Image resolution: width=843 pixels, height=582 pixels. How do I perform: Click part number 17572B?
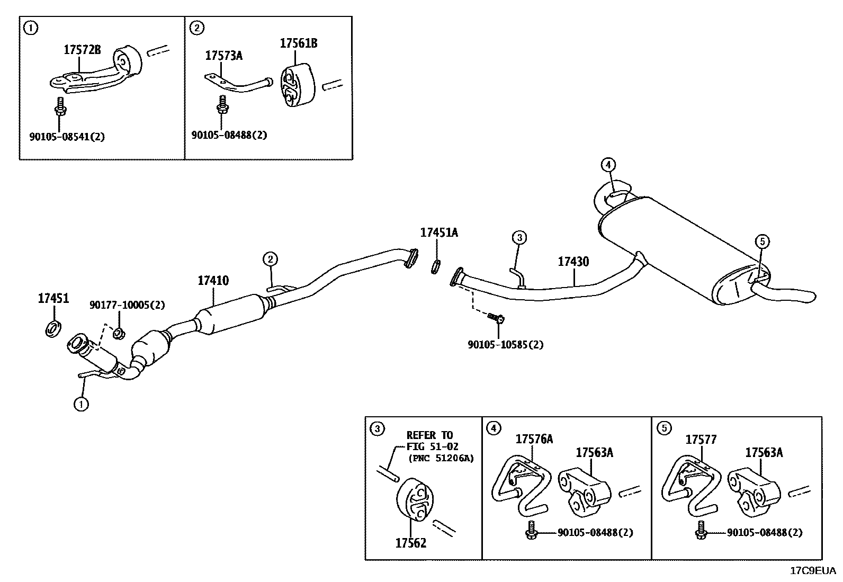(x=82, y=50)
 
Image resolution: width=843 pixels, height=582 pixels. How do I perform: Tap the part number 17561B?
(x=298, y=43)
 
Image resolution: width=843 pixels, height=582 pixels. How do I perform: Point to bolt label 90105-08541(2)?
(x=67, y=137)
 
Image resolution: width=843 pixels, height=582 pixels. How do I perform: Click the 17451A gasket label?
(x=439, y=232)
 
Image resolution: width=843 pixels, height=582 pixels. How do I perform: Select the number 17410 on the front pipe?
(x=213, y=281)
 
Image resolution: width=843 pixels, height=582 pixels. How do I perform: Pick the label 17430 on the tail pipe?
(x=573, y=262)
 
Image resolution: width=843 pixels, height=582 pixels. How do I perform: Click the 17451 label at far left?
(x=53, y=299)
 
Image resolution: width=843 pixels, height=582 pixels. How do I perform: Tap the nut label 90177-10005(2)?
(x=127, y=305)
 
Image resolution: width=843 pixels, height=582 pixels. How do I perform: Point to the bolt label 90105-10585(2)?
(x=505, y=345)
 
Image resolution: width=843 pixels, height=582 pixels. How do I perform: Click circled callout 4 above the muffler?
(x=608, y=165)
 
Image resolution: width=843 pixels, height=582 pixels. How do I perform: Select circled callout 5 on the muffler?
(x=761, y=242)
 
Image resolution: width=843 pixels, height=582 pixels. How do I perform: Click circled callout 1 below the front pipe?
(x=80, y=405)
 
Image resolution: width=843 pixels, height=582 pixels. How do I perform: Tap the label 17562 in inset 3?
(x=410, y=543)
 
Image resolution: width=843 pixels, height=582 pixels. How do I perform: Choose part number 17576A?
(x=534, y=439)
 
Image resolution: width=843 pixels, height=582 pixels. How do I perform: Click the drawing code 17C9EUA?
(x=813, y=571)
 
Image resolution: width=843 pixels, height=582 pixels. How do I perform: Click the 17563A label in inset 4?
(x=594, y=452)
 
